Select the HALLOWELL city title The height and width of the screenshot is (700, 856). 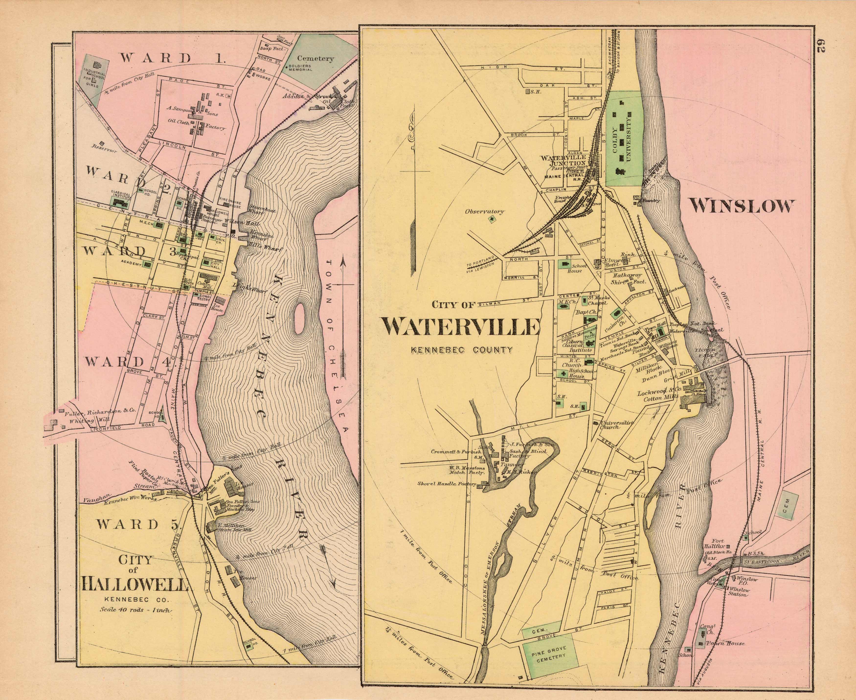(x=135, y=584)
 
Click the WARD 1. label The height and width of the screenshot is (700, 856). (x=171, y=58)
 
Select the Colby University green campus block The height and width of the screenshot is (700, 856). (x=625, y=139)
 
